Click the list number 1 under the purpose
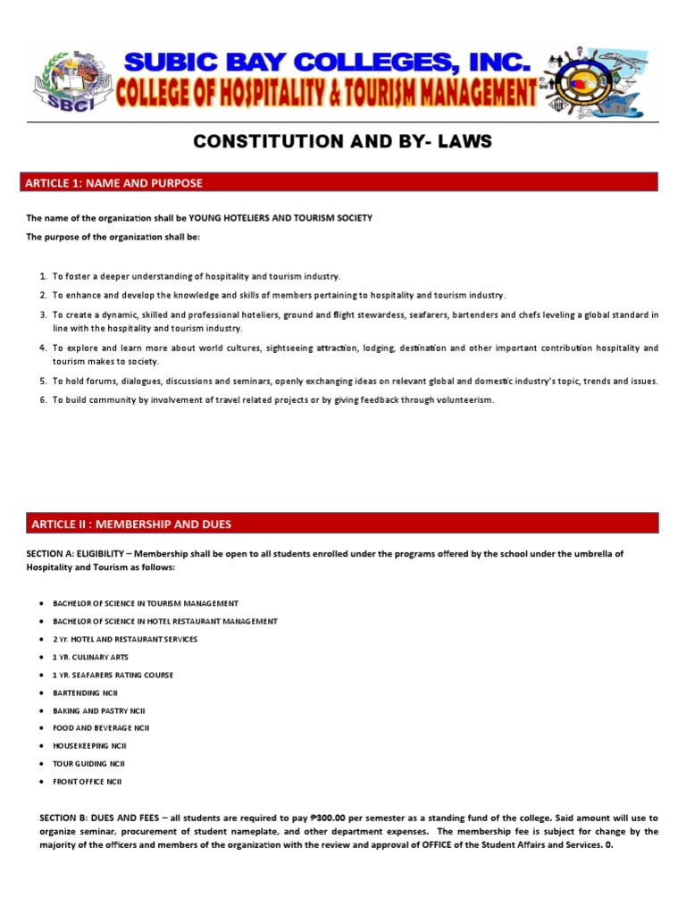[x=43, y=277]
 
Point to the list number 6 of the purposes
[x=43, y=399]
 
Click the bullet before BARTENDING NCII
[x=43, y=693]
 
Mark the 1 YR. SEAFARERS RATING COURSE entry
[x=113, y=675]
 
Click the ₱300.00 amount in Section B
[x=330, y=818]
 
